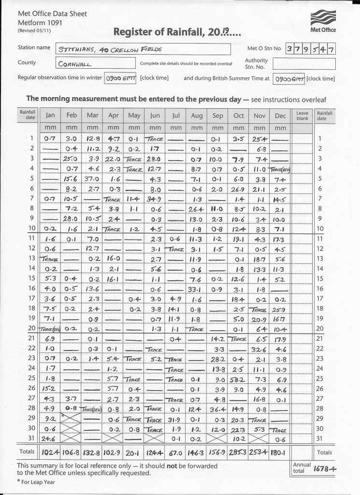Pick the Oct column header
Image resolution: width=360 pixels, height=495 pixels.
239,116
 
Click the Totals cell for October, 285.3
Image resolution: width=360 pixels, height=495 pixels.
239,453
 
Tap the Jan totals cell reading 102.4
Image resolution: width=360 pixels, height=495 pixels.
50,453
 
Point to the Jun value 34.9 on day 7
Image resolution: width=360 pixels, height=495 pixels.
155,199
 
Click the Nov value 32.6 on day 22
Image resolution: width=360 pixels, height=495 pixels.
259,349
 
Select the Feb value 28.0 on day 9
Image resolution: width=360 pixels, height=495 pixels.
72,218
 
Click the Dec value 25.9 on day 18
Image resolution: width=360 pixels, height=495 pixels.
280,309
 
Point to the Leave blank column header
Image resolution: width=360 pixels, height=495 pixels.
302,116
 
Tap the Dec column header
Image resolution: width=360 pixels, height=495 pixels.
280,116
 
